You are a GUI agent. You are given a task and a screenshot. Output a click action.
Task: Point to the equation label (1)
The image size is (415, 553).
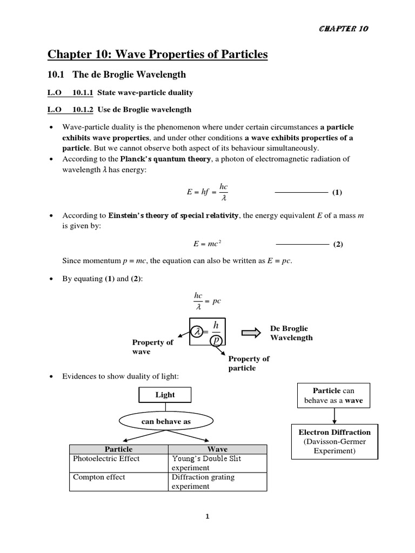[337, 192]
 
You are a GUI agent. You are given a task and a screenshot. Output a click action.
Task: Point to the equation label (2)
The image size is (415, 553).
[338, 244]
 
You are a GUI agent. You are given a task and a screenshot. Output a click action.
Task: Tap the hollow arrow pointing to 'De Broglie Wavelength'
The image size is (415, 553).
[252, 333]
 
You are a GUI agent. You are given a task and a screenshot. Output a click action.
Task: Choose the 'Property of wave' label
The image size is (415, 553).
[152, 347]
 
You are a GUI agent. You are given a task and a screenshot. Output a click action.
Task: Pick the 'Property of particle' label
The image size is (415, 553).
[249, 363]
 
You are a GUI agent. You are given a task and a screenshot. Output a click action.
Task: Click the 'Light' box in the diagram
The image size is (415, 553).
[165, 395]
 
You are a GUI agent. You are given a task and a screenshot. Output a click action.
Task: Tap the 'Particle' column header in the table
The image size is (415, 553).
[118, 449]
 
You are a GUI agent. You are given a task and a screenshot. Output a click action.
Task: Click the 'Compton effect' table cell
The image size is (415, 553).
[98, 477]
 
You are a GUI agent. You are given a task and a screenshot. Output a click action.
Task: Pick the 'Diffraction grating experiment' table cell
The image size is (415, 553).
[203, 482]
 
